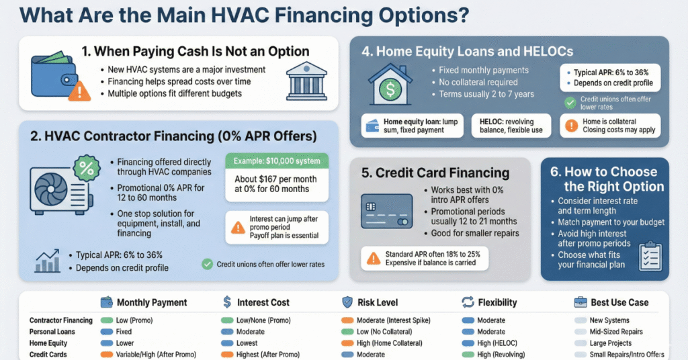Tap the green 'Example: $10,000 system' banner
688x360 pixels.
click(x=277, y=161)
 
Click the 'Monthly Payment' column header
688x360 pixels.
click(x=151, y=302)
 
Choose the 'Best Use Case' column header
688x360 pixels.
click(x=619, y=302)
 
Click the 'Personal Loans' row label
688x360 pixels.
click(x=52, y=332)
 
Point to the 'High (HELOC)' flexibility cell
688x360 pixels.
click(x=502, y=343)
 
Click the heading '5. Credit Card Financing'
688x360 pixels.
click(x=435, y=172)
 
